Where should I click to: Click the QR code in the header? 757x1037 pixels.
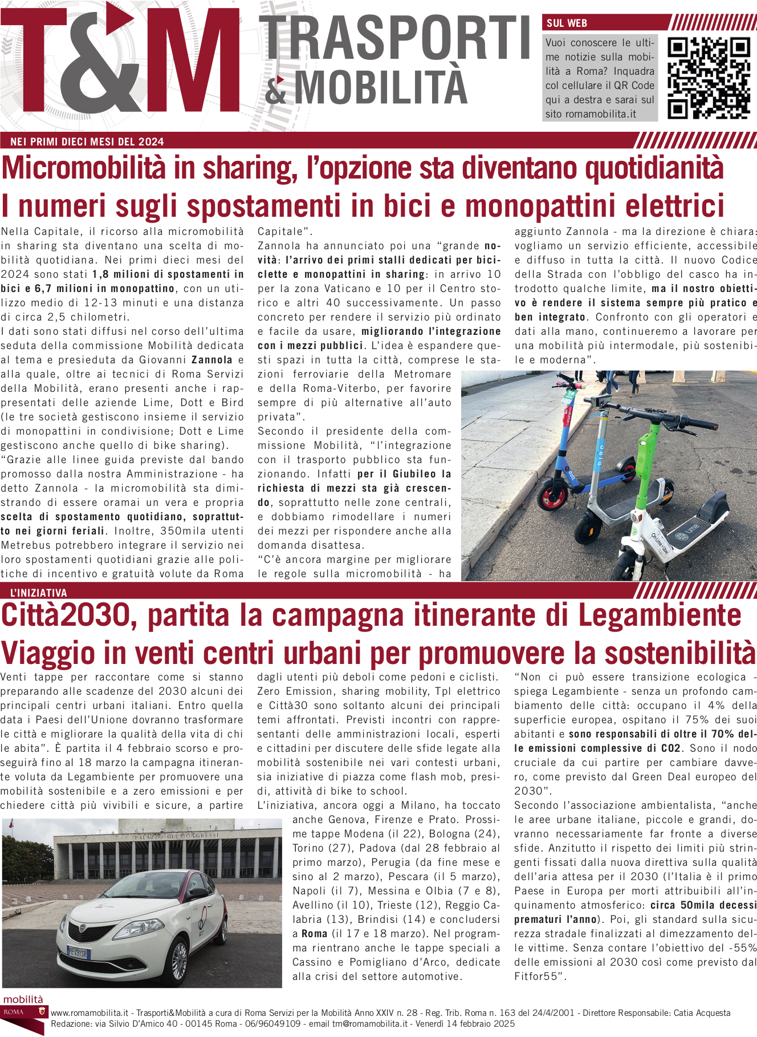click(709, 78)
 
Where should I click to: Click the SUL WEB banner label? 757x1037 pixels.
click(567, 23)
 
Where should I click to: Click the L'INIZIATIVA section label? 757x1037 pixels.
click(39, 593)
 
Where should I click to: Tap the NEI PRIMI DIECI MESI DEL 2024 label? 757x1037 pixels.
click(87, 142)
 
